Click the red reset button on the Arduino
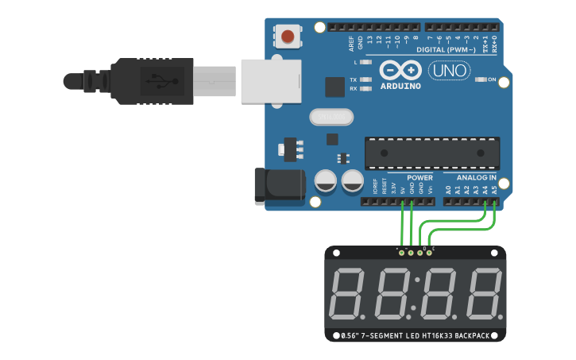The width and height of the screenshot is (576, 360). point(288,37)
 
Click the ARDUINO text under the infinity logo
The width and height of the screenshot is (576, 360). point(400,85)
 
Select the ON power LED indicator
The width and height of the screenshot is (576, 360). point(481,79)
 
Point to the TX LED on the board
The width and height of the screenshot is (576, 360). point(365,79)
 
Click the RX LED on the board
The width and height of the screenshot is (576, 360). point(365,89)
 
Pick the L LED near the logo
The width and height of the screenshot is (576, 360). point(365,61)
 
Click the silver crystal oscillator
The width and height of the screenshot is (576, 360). point(331,118)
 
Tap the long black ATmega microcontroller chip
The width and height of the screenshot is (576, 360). point(433,153)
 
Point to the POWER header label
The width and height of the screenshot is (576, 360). point(419,178)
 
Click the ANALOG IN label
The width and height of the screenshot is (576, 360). point(477,178)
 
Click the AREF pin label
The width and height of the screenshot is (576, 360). point(352,42)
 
